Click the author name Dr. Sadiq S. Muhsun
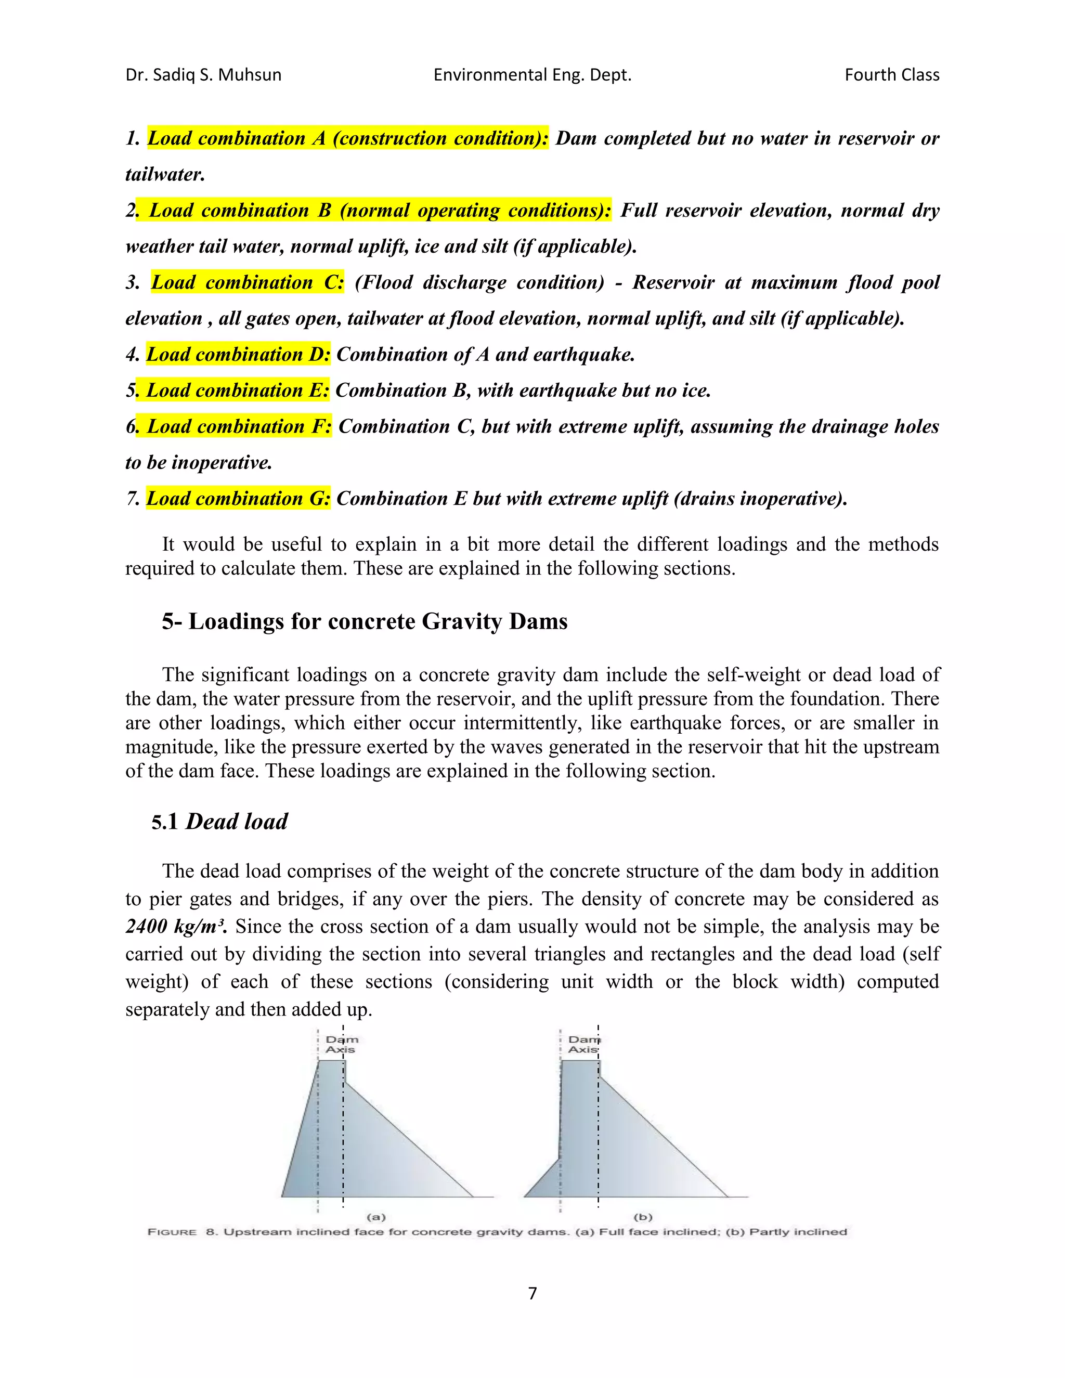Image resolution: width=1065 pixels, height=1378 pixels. (203, 75)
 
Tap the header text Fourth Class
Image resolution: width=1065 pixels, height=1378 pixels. (891, 75)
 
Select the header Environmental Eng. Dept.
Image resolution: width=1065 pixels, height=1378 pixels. (532, 75)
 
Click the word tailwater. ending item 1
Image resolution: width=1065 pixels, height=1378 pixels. (165, 175)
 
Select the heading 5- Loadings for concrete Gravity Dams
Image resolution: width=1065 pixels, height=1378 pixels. (365, 621)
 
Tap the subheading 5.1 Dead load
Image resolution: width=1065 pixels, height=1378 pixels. (219, 822)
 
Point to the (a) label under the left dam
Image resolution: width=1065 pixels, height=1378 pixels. (376, 1216)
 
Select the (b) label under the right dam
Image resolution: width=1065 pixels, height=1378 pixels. (642, 1216)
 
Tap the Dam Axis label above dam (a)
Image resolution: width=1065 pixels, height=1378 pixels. (341, 1044)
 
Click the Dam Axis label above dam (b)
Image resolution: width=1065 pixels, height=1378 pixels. (583, 1044)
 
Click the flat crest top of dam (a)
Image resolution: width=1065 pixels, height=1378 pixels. (332, 1061)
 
